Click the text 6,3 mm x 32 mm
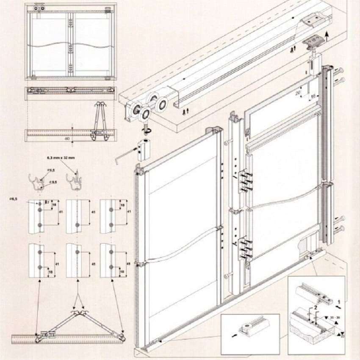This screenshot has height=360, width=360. click(x=62, y=158)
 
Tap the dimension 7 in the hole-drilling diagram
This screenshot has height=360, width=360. click(x=49, y=202)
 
